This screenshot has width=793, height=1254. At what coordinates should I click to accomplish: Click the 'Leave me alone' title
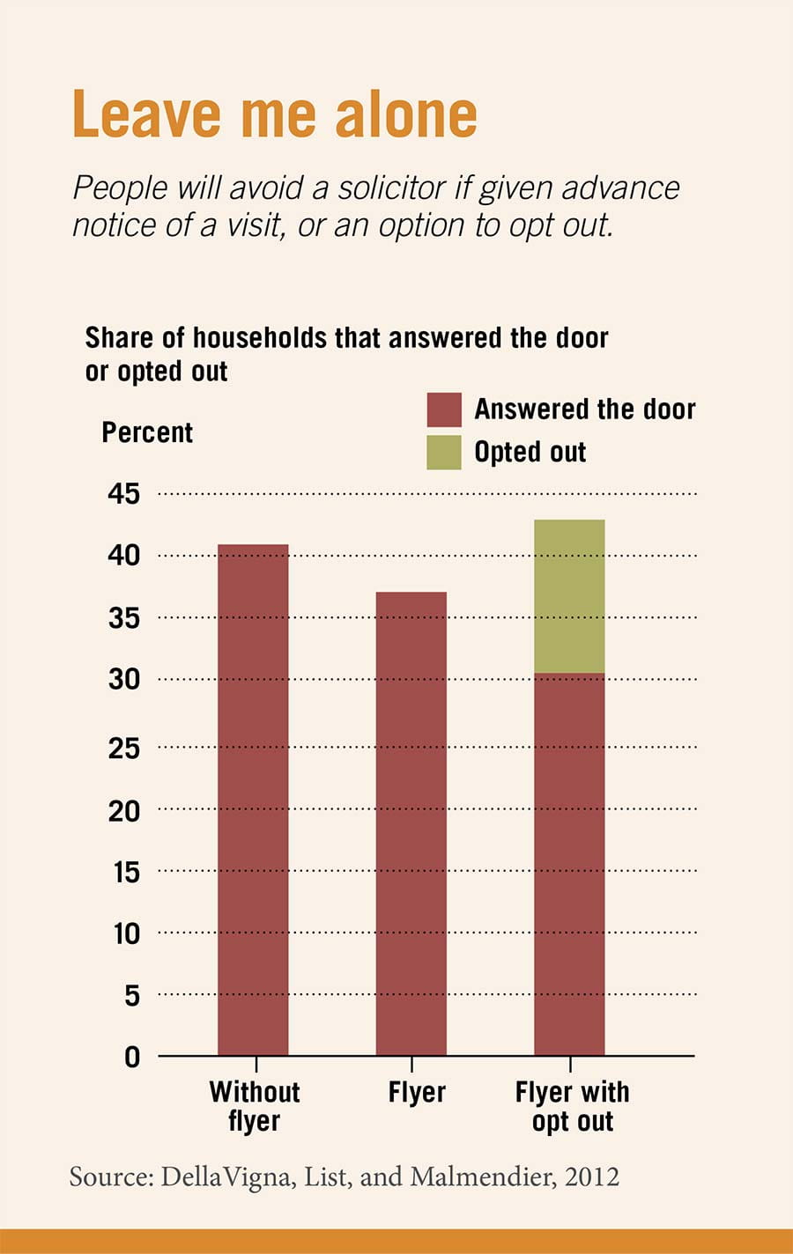point(274,114)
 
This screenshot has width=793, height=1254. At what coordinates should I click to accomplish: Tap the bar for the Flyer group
point(411,823)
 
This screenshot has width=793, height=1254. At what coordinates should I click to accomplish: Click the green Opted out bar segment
point(569,596)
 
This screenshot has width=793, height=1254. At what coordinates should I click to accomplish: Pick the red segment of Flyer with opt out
point(569,864)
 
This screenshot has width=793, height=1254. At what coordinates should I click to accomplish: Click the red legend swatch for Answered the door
point(444,409)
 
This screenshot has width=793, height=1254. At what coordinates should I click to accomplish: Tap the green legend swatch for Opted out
point(444,452)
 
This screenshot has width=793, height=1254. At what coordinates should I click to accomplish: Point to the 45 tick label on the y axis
point(124,493)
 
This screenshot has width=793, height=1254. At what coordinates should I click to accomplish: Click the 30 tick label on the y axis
point(124,679)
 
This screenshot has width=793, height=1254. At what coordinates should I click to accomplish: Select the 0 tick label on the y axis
point(132,1056)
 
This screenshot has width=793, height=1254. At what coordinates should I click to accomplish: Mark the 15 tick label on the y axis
point(126,872)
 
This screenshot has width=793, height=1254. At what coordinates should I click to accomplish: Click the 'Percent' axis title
point(147,432)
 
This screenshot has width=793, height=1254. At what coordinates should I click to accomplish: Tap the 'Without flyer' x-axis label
point(255,1106)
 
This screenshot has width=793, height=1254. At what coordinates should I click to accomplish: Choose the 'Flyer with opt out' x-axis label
point(572,1106)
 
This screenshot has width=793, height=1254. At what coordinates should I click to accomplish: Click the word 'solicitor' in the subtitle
point(392,188)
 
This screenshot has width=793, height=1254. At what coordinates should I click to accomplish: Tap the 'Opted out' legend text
point(530,452)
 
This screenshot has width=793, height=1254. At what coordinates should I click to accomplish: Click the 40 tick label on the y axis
point(124,555)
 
